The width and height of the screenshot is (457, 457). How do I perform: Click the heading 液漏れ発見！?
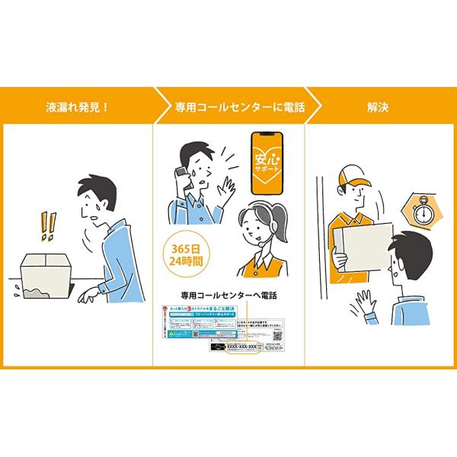78,107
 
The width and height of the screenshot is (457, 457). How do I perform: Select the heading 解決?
376,107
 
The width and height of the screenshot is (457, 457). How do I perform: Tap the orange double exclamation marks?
48,225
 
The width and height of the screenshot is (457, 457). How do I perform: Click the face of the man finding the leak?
93,206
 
